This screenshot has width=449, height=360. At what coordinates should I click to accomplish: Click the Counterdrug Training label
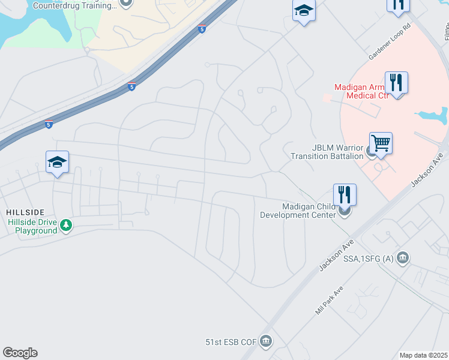(x=74, y=5)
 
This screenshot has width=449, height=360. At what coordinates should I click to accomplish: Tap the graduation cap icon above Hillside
(x=57, y=162)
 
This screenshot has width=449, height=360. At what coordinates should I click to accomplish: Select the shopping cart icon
(x=381, y=144)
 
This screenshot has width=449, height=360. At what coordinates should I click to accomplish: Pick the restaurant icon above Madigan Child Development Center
(x=345, y=194)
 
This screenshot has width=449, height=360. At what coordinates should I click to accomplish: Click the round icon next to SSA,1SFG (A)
(x=403, y=258)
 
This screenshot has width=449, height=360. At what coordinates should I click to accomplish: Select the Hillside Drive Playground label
(x=32, y=226)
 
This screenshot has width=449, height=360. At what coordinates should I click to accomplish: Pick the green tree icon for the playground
(x=66, y=226)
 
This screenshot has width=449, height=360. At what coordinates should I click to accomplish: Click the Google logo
(x=20, y=353)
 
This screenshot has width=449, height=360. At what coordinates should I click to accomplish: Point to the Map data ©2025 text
(x=423, y=355)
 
